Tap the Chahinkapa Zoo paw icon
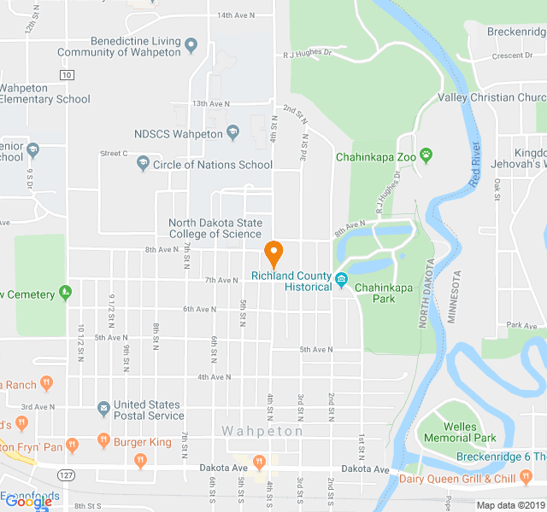pos(426,156)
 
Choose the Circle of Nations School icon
pos(143,164)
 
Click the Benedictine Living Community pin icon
pos(191,45)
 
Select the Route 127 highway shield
pos(65,474)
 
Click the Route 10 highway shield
pos(66,75)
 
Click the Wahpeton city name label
pos(262,431)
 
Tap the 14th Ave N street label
pos(237,15)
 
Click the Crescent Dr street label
pos(511,56)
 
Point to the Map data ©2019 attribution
pos(510,505)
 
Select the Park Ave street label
pos(520,325)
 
